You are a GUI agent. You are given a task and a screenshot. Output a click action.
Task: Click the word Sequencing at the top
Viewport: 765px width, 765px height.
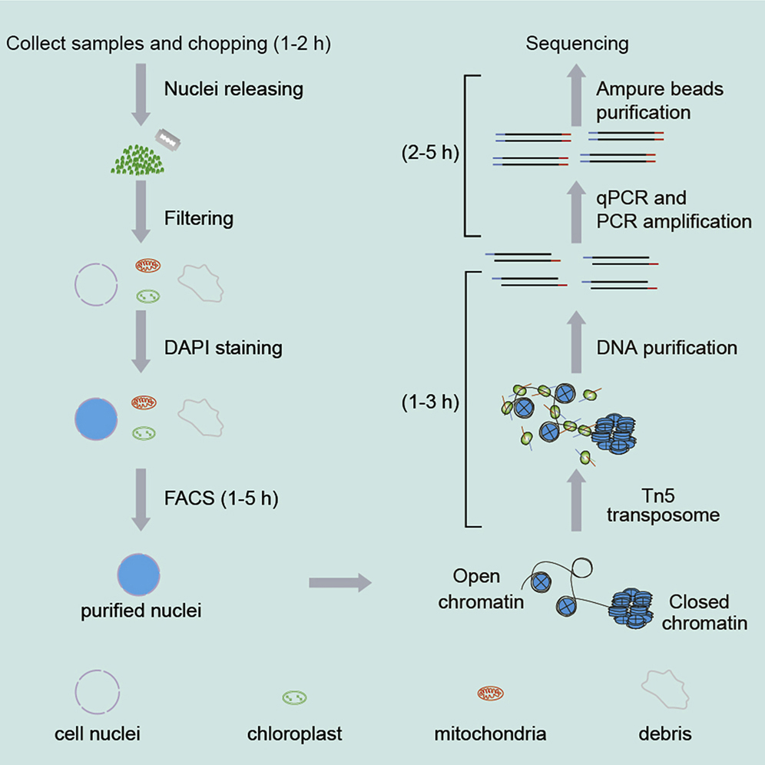coord(577,44)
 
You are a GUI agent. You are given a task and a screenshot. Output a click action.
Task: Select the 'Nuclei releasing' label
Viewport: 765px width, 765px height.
coord(233,89)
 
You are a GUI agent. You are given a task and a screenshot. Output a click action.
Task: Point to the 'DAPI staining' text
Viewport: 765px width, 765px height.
coord(224,348)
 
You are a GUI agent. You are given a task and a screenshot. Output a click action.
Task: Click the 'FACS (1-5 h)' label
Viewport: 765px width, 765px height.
coord(221,498)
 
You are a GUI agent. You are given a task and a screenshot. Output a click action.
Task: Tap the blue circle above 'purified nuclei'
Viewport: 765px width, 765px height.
coord(139,573)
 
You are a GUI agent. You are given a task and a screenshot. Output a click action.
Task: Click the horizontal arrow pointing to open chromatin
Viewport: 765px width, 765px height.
coord(339,584)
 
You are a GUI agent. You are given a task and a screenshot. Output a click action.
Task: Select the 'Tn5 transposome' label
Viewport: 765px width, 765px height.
coord(663,505)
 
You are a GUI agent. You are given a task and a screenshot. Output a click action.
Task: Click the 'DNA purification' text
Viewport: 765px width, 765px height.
coord(667,348)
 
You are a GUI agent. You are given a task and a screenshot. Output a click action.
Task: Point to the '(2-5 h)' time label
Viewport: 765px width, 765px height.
coord(429,153)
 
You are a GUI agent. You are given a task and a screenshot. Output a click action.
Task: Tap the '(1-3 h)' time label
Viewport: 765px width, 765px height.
coord(429,402)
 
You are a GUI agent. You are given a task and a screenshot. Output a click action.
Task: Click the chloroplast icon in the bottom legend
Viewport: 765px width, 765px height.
coord(294,697)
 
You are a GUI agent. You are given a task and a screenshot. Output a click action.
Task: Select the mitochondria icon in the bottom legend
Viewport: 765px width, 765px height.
coord(492,694)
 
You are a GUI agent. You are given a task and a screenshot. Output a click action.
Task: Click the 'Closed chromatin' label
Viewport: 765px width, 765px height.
coord(704,612)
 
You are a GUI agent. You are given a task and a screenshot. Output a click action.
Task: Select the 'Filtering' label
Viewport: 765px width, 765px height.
coord(199,219)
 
